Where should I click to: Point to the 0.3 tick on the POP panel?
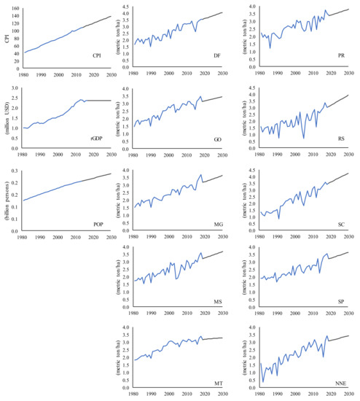pyautogui.click(x=16, y=171)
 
